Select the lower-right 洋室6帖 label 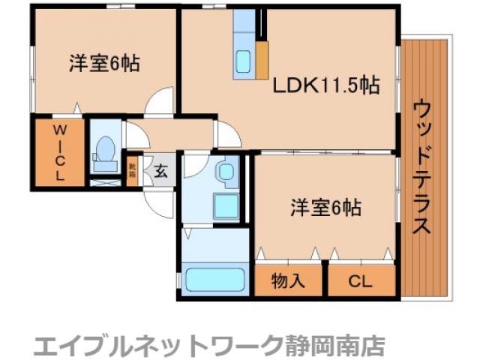point(325,208)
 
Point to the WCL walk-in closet point(58,153)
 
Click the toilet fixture point(103,152)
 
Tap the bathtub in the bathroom point(215,280)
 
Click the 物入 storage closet point(288,281)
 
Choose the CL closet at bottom point(361,281)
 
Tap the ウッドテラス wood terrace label point(423,169)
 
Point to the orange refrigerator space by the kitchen point(262,59)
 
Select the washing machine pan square point(224,203)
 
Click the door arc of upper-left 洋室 point(160,102)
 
